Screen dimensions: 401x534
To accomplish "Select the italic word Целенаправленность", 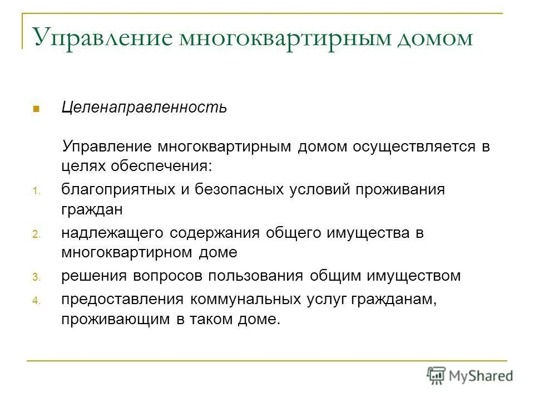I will pos(144,107).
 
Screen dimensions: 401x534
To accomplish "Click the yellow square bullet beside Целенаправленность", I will pos(36,107).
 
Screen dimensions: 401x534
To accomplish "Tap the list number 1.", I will pos(35,192).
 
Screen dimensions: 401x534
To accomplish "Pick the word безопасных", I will pos(239,189).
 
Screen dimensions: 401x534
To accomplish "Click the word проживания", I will pos(398,189).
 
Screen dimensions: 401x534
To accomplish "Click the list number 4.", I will pos(35,301).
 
